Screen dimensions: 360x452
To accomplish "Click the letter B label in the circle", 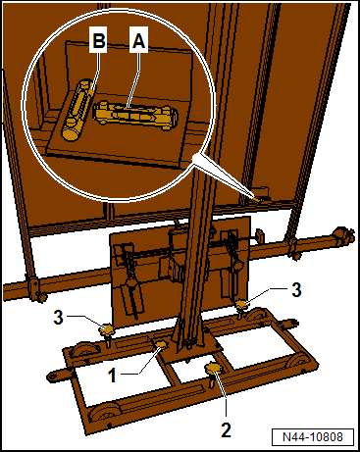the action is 99,41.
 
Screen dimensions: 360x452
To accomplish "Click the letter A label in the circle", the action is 138,41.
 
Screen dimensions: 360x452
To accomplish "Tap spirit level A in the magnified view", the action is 135,116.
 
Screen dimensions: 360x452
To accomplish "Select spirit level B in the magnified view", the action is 77,110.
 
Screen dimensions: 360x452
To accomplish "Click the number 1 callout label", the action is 112,375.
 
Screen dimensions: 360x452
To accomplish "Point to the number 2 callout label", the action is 227,429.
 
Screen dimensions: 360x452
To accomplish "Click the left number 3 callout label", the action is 59,317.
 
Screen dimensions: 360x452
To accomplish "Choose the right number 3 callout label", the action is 296,289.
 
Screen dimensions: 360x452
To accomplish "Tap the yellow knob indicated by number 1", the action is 161,345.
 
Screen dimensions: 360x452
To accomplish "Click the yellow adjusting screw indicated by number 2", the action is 213,373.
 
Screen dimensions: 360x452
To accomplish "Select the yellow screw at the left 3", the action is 107,332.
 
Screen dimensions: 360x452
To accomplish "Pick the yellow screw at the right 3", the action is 241,308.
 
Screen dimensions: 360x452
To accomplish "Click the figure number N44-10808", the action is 313,437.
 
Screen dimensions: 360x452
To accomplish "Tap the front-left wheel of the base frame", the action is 105,415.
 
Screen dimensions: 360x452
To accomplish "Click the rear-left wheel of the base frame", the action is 85,352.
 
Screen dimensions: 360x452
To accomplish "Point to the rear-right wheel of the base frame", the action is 257,315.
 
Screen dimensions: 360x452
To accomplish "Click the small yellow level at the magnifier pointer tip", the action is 258,199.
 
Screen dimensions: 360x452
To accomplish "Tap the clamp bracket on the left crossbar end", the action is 35,289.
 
